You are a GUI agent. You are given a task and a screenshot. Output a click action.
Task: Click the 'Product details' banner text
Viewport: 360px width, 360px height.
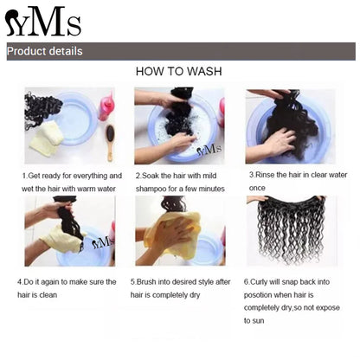pos(45,52)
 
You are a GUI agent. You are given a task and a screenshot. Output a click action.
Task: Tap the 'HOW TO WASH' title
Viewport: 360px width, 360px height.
pos(179,74)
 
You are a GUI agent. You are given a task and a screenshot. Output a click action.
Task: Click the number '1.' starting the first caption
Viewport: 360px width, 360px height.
pos(25,175)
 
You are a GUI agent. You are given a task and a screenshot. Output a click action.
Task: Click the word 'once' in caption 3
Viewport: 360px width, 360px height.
pos(257,188)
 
